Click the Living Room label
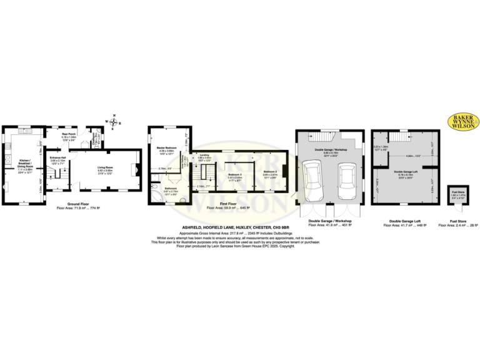[x=104, y=167]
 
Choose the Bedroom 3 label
[x=235, y=174]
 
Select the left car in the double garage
[x=312, y=180]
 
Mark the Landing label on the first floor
[x=204, y=156]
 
